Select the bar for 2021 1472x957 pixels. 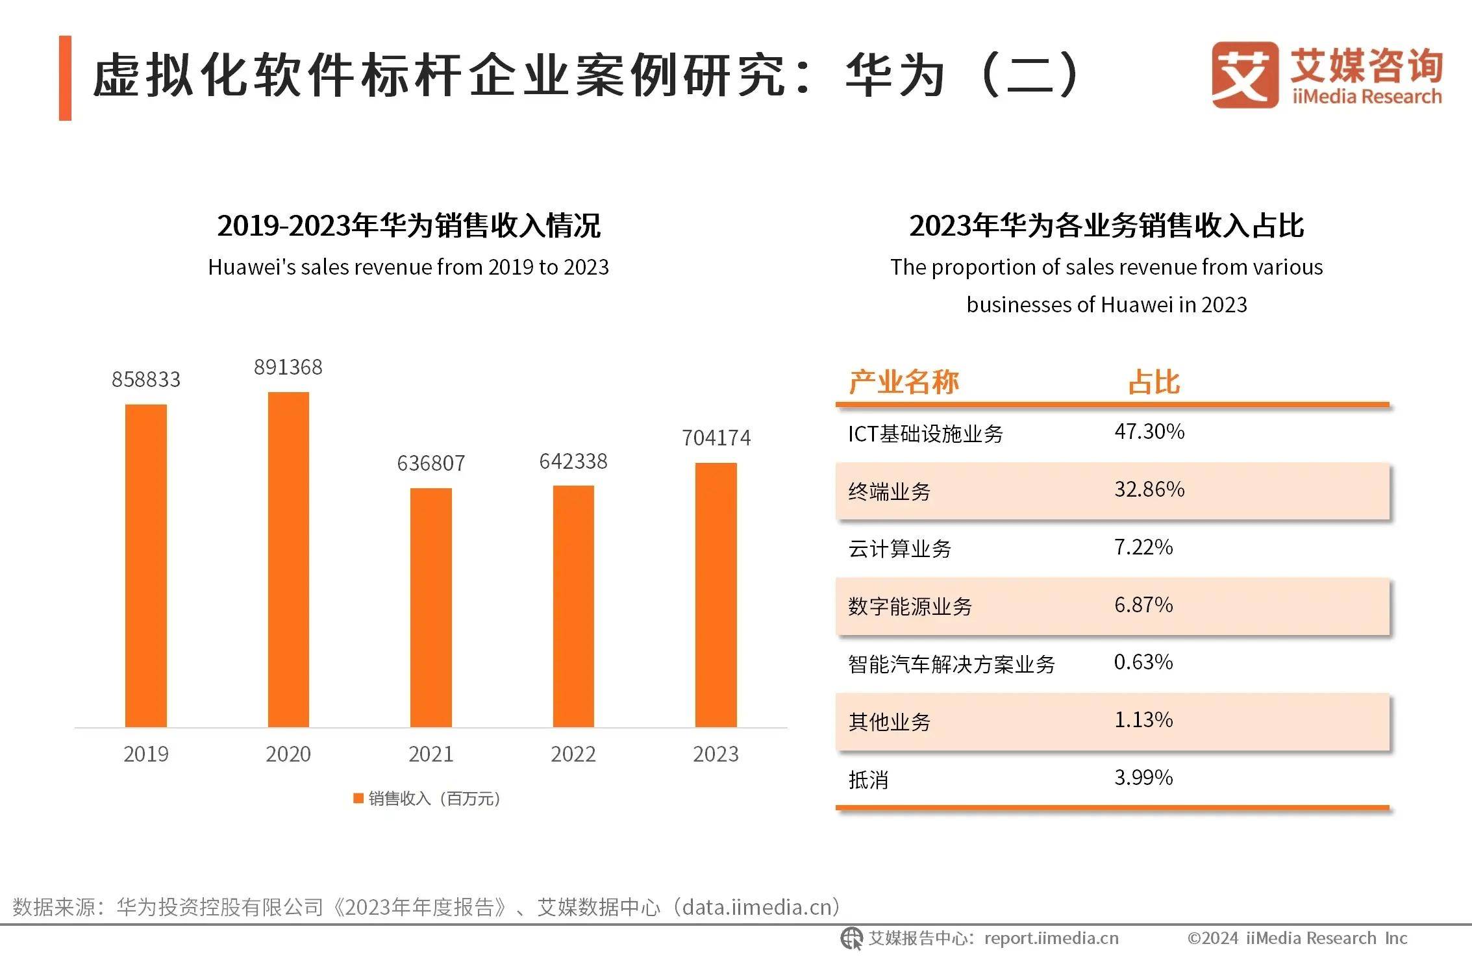pyautogui.click(x=430, y=607)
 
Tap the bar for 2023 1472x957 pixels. pyautogui.click(x=716, y=594)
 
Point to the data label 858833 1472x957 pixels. pyautogui.click(x=146, y=380)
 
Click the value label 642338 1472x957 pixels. pyautogui.click(x=573, y=462)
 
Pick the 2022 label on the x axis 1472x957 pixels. pyautogui.click(x=573, y=754)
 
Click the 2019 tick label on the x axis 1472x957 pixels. pyautogui.click(x=146, y=754)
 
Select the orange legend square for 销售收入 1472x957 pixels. pyautogui.click(x=358, y=799)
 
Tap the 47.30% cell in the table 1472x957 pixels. pyautogui.click(x=1149, y=432)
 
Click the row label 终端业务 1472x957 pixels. pyautogui.click(x=889, y=491)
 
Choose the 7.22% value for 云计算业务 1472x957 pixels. pyautogui.click(x=1143, y=547)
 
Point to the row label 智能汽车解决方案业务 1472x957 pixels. pyautogui.click(x=951, y=664)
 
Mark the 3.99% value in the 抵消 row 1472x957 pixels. pyautogui.click(x=1143, y=778)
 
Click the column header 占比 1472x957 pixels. pyautogui.click(x=1154, y=382)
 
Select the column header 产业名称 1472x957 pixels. pyautogui.click(x=903, y=382)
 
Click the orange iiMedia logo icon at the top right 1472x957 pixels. pyautogui.click(x=1244, y=75)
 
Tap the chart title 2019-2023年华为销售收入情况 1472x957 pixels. pyautogui.click(x=408, y=226)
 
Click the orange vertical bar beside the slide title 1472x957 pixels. pyautogui.click(x=65, y=78)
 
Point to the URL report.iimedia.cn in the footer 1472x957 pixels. pyautogui.click(x=1051, y=938)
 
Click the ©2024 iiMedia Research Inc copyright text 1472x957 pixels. pyautogui.click(x=1297, y=938)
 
